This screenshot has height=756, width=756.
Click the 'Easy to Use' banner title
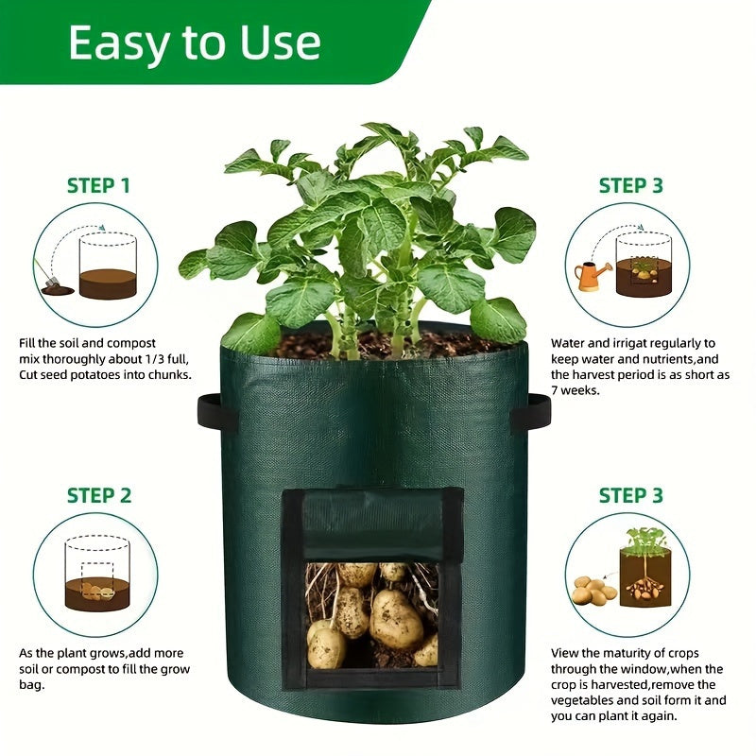195,43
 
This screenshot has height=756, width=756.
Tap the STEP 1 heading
98,185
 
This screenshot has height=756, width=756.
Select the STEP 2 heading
98,495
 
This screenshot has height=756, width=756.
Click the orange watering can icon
592,275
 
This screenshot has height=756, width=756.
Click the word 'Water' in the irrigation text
570,343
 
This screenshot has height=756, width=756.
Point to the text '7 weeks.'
576,389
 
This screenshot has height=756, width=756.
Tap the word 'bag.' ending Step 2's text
33,684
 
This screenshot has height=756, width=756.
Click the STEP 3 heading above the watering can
630,185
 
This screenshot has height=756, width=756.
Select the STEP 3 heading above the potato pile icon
630,495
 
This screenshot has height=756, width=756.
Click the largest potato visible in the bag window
396,619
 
